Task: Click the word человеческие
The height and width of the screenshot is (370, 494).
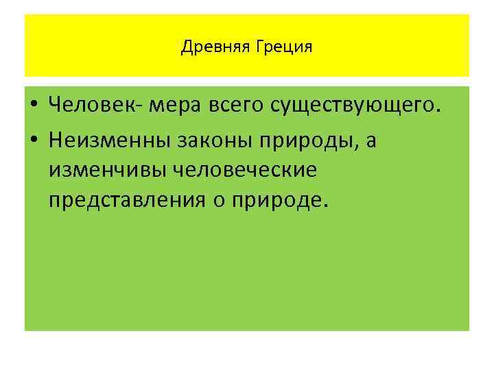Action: click(248, 169)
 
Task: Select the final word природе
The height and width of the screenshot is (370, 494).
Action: click(283, 200)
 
